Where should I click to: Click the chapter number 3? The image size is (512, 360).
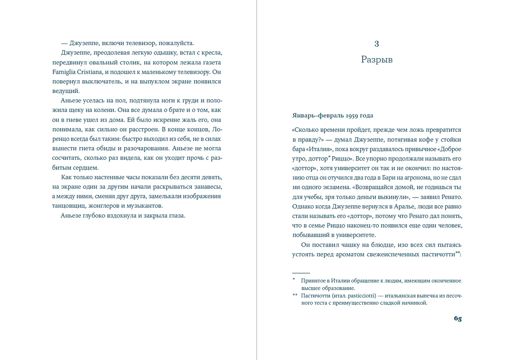[x=377, y=44]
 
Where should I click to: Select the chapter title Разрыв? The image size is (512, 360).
[x=377, y=60]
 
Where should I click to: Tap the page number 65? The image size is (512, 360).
[x=458, y=319]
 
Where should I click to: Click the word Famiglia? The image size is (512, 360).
[x=64, y=72]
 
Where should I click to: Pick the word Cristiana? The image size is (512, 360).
[x=89, y=72]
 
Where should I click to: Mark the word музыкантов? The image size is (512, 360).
[x=145, y=206]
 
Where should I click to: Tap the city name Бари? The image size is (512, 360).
[x=410, y=178]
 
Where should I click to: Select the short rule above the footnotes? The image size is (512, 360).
[x=301, y=273]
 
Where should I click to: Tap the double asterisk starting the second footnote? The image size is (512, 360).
[x=295, y=295]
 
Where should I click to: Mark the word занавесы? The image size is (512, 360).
[x=208, y=187]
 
